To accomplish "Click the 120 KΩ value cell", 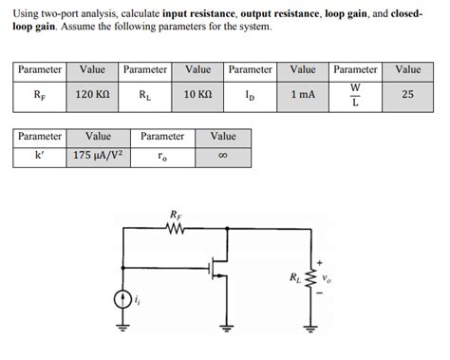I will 93,95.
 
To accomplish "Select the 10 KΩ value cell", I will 197,95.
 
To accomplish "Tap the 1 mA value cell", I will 303,95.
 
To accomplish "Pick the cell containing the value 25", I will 407,95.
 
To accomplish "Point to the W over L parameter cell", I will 355,95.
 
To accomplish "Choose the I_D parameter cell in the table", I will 250,95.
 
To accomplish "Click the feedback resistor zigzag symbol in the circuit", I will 175,229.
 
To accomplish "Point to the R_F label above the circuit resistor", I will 175,215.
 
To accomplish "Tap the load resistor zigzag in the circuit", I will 309,277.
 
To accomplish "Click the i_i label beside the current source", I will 140,301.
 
